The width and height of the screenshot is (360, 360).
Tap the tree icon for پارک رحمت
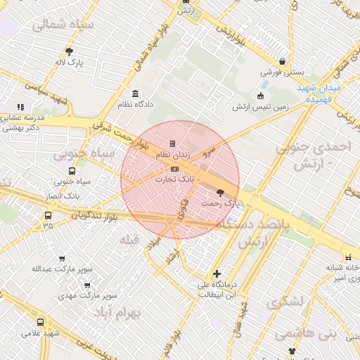[220, 192]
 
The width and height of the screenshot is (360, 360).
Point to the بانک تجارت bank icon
[174, 169]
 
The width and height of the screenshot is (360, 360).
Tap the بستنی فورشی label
[281, 72]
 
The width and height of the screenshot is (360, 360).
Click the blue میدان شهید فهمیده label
[319, 94]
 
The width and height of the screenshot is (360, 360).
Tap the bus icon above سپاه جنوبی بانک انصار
[72, 171]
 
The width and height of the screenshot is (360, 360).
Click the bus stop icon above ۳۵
[48, 215]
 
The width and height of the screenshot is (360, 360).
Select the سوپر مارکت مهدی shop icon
[86, 285]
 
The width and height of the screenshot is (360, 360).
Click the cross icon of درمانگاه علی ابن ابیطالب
[217, 274]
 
